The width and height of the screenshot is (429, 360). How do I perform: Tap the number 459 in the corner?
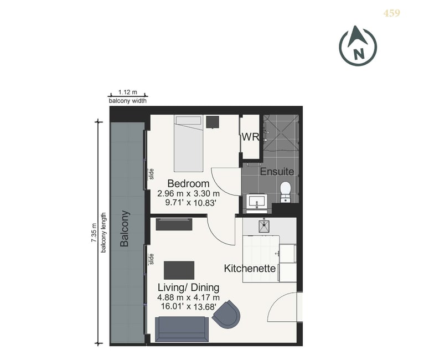(392, 13)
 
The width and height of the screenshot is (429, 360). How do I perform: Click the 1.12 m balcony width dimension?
(128, 92)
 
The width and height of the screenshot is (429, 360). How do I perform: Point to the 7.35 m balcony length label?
(94, 233)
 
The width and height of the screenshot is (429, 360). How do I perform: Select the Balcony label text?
(125, 229)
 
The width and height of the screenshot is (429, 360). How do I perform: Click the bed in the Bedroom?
(189, 143)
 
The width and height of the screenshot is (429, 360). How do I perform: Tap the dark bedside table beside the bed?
(213, 122)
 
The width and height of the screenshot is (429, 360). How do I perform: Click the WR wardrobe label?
(250, 137)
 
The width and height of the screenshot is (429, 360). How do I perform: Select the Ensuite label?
(277, 172)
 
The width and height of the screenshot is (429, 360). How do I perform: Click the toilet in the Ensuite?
(286, 192)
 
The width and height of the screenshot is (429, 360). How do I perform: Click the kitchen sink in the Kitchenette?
(264, 225)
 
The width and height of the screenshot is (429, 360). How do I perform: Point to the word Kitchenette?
(250, 268)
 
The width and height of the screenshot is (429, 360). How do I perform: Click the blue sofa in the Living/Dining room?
(182, 329)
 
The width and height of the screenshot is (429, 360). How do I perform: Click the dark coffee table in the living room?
(179, 270)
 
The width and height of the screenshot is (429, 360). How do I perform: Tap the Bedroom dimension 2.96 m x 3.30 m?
(189, 193)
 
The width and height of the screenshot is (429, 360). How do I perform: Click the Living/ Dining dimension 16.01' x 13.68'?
(189, 306)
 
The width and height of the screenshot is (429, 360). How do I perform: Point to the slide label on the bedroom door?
(151, 174)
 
